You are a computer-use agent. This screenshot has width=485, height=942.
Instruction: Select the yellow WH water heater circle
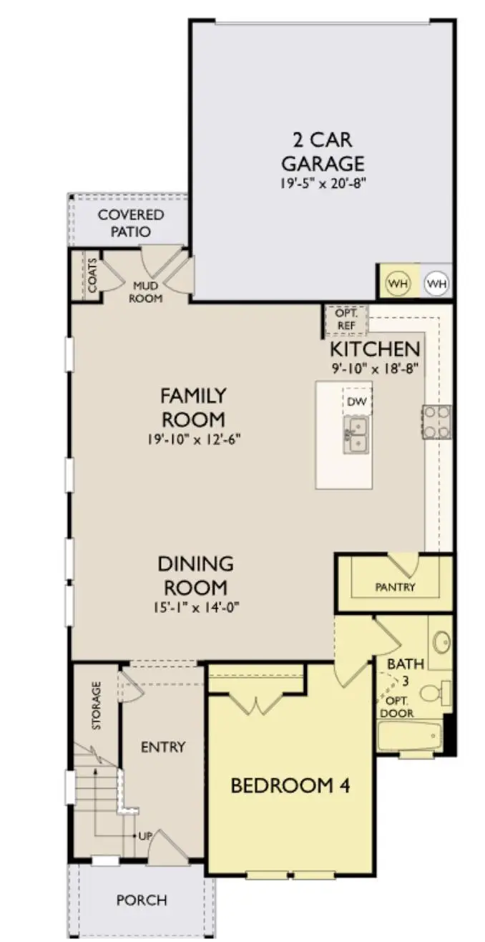[x=398, y=283]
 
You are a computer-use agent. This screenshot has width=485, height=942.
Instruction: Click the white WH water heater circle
[x=436, y=283]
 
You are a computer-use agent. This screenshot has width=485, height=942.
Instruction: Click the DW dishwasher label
[x=356, y=402]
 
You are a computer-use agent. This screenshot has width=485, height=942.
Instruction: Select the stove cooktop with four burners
[x=436, y=422]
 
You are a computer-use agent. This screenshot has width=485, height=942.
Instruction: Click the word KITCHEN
[x=373, y=349]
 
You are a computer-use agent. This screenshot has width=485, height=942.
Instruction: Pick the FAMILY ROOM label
[x=193, y=407]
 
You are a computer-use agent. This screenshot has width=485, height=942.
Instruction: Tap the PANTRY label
[x=395, y=587]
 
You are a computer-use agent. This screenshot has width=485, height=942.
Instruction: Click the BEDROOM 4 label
[x=290, y=785]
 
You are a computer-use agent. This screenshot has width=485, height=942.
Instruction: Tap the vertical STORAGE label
[x=97, y=706]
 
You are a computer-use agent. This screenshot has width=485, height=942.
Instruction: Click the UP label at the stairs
[x=144, y=836]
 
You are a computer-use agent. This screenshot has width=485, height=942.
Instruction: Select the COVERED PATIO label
[x=131, y=223]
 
